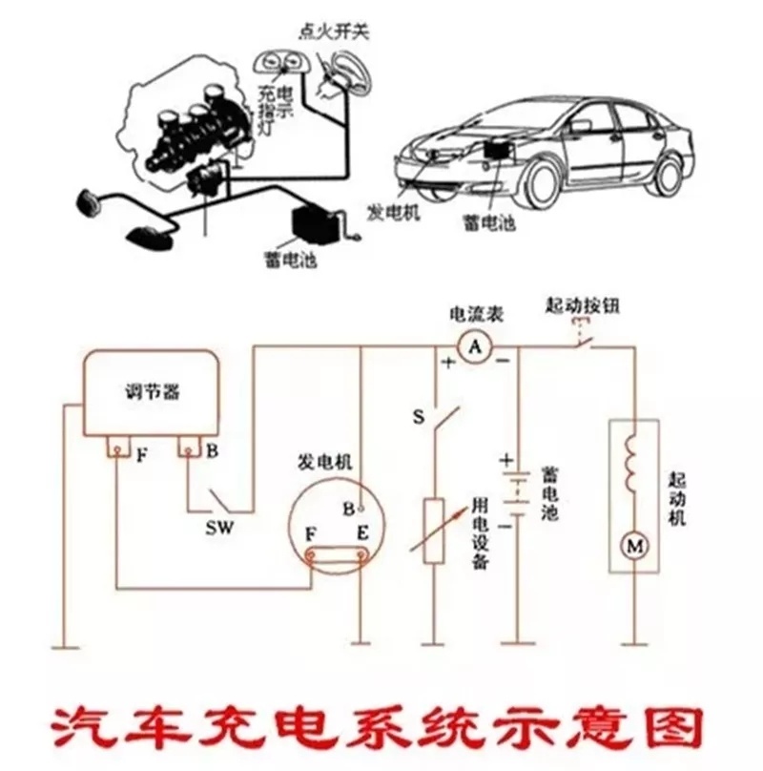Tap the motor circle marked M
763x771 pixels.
pos(634,546)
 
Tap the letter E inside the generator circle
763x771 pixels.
pos(361,531)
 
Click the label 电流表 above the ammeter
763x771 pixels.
pos(476,314)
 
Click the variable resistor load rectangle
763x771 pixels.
pos(434,531)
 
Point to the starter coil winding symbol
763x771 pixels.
pos(634,463)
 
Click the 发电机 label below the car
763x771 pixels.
pos(392,211)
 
